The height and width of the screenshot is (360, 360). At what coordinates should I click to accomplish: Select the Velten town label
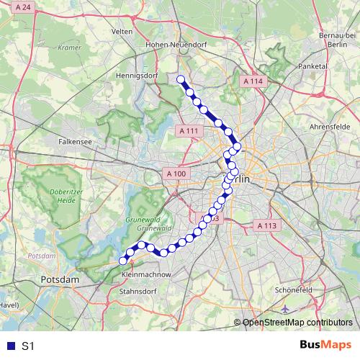point(122,32)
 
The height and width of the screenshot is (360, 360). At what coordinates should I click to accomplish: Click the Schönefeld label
point(293,289)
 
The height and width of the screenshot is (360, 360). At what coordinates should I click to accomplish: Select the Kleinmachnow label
point(147,275)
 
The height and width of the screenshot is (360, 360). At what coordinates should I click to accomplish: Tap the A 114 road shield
point(253,82)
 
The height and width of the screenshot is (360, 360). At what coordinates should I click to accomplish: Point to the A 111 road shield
point(186,130)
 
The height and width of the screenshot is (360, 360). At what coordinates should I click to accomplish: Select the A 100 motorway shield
point(176,174)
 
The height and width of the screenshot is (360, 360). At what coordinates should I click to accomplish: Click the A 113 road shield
point(266,225)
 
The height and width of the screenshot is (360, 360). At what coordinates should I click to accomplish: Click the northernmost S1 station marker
point(181,80)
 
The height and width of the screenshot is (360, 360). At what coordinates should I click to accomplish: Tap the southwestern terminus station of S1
point(122,261)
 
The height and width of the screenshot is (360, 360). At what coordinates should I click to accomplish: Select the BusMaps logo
point(325,346)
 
